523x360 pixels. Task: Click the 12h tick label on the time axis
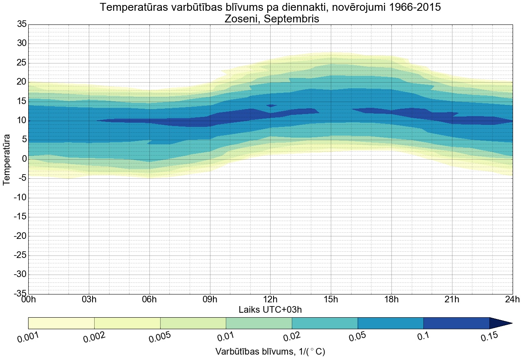pos(270,300)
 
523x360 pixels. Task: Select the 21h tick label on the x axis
pos(452,300)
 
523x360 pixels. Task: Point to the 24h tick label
pos(512,300)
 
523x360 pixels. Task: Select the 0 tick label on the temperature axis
pos(24,159)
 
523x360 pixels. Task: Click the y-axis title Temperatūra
pos(7,159)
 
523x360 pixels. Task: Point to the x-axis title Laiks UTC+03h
pos(270,310)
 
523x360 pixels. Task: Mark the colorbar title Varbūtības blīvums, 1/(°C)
pos(270,352)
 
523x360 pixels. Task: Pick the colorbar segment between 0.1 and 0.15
pos(456,323)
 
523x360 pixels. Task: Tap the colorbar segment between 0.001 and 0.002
pos(61,323)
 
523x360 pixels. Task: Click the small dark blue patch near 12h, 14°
pos(271,105)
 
